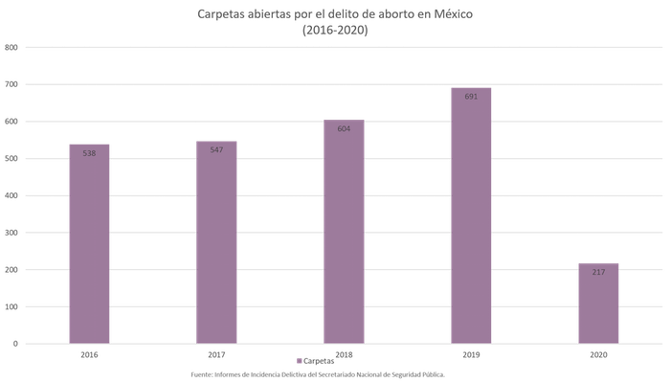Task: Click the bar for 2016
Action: [x=89, y=243]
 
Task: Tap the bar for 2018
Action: [x=344, y=231]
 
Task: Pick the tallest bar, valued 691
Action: [x=471, y=214]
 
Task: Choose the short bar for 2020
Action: [x=598, y=302]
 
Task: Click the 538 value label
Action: [x=89, y=153]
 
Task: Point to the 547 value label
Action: [x=216, y=150]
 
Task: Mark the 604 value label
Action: [x=344, y=129]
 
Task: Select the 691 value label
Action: [x=471, y=98]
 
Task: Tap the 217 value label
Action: [x=598, y=272]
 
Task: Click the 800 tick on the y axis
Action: [x=11, y=47]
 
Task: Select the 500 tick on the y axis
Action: [x=11, y=158]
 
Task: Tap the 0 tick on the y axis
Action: [x=13, y=343]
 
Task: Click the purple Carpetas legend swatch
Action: [x=300, y=361]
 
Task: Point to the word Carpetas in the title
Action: [x=219, y=13]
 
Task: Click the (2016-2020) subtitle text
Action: [x=334, y=30]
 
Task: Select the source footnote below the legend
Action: [x=317, y=374]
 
